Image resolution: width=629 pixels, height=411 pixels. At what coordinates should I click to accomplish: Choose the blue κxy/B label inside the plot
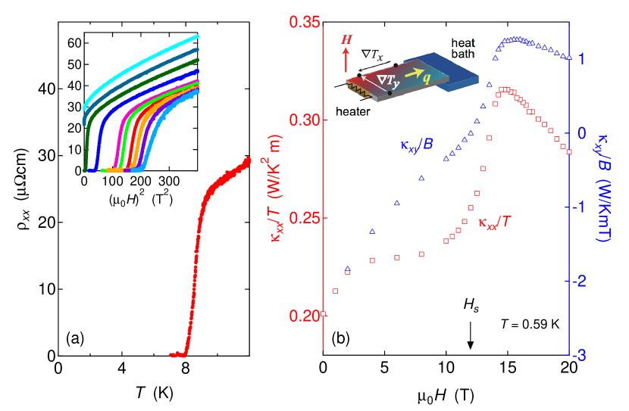click(x=416, y=142)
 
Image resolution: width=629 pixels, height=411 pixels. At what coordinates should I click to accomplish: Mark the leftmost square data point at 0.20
click(x=324, y=313)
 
